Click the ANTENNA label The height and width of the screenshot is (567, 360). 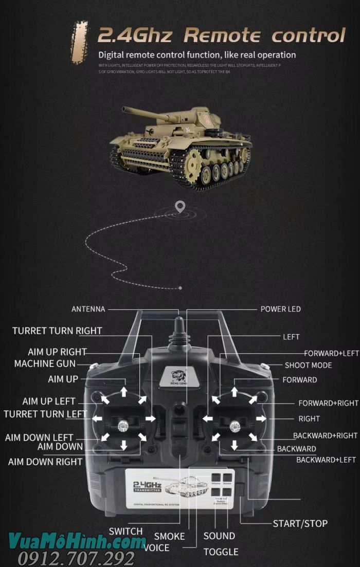88,309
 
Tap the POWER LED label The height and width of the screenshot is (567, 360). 280,309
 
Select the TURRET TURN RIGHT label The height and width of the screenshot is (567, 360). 57,331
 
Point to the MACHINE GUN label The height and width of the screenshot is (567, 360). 45,364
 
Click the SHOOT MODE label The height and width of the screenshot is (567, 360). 308,365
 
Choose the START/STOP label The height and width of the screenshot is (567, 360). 300,523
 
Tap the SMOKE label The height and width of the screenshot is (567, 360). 169,536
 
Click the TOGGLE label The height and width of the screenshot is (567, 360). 221,552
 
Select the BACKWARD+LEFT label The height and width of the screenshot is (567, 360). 326,460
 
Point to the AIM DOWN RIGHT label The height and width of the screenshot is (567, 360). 45,462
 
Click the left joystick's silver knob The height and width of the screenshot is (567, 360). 123,425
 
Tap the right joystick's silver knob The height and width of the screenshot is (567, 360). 235,425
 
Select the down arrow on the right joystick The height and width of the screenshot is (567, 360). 235,445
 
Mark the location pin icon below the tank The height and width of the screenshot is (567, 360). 179,207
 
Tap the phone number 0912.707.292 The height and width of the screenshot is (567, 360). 76,558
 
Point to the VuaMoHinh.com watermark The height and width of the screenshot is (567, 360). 77,541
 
